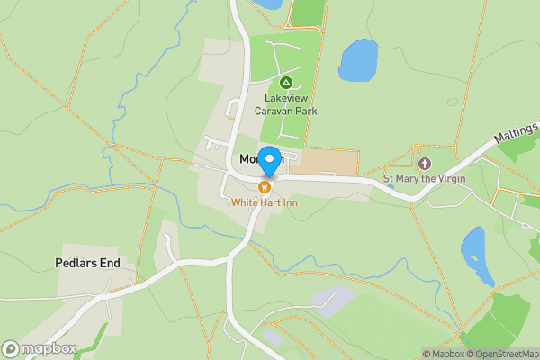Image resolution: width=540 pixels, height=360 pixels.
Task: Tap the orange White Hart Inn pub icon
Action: (265, 187)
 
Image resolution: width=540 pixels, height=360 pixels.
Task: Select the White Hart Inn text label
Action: (265, 202)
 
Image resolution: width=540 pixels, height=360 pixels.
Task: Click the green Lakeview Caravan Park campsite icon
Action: (285, 83)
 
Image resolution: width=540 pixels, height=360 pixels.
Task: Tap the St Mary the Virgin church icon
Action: (425, 163)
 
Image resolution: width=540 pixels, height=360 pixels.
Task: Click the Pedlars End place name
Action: (94, 264)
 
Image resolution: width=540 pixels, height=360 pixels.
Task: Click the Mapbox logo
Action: (40, 349)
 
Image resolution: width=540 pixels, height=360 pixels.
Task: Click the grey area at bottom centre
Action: (333, 301)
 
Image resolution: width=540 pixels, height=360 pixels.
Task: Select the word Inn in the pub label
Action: (289, 202)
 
